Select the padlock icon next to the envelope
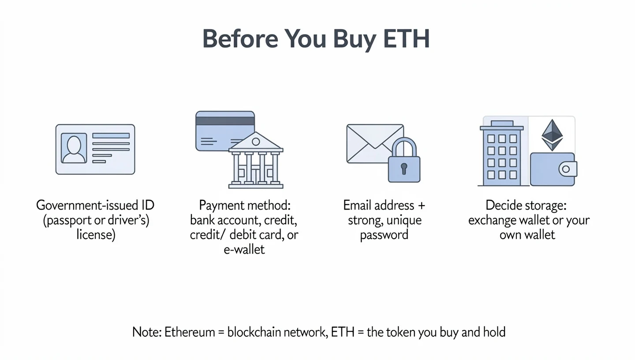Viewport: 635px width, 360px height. click(x=404, y=161)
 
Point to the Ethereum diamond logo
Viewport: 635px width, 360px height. click(x=552, y=135)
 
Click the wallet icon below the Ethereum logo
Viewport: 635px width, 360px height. click(x=553, y=169)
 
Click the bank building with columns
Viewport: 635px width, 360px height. click(x=256, y=161)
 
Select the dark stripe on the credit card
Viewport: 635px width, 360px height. click(x=225, y=121)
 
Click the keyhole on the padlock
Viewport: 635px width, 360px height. click(x=404, y=168)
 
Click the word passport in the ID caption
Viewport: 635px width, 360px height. click(x=63, y=220)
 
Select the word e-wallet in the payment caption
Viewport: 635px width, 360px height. click(x=244, y=249)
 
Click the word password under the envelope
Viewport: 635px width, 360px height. click(x=384, y=234)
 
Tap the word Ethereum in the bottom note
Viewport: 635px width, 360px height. click(x=187, y=332)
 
